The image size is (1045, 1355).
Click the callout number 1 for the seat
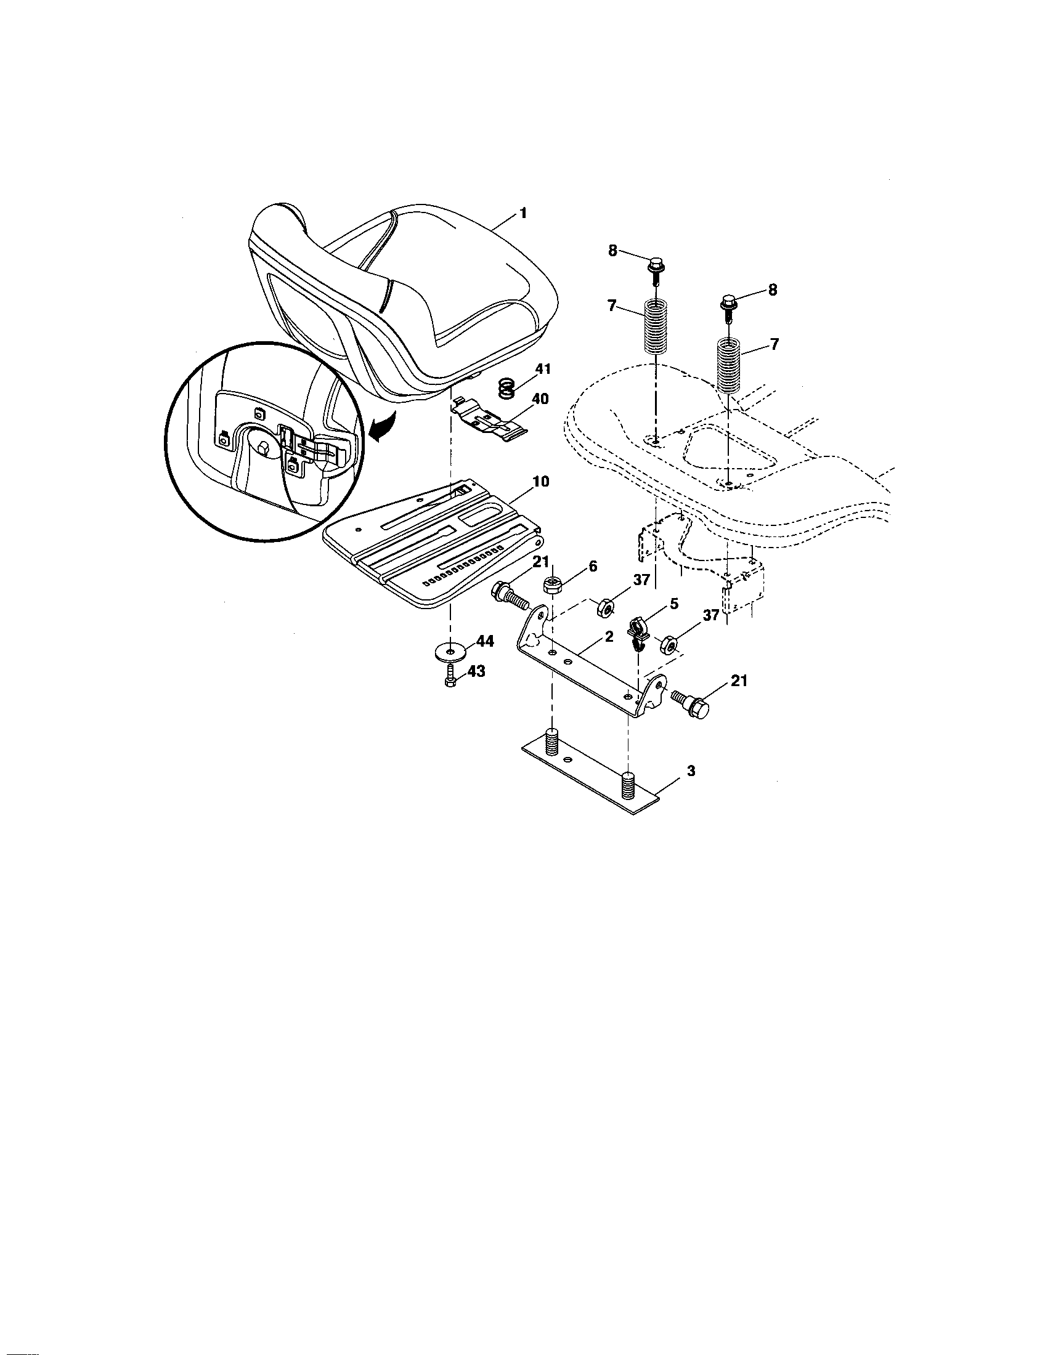[522, 213]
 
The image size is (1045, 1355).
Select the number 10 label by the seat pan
[540, 482]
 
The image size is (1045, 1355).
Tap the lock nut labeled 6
[552, 584]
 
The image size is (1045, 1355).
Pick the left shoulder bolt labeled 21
[509, 595]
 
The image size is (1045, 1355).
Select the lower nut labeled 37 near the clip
[669, 645]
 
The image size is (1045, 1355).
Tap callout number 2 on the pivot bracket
[609, 637]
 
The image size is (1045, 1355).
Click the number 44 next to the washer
[485, 642]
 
